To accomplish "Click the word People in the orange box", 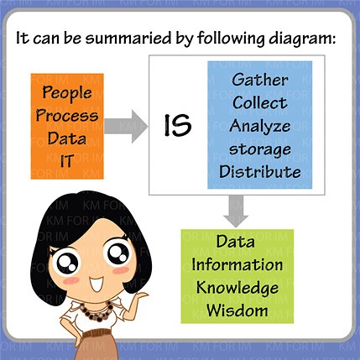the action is tap(67, 93).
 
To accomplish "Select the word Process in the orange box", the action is tap(67, 115).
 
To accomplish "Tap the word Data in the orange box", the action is tap(66, 138).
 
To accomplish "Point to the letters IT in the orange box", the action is tap(67, 161).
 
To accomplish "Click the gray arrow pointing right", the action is tap(126, 126).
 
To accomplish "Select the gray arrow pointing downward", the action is tap(236, 211).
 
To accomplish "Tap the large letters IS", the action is tap(177, 126).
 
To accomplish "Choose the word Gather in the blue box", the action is tap(260, 80).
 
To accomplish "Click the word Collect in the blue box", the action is tap(260, 102).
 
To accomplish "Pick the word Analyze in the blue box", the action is tap(260, 126).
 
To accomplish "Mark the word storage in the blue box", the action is tap(260, 149).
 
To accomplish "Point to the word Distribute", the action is tap(260, 171).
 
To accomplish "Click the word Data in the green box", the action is tap(236, 242).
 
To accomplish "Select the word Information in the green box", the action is tap(237, 264).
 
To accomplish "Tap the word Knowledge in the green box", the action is tap(237, 288).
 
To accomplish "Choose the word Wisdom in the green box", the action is tap(237, 310).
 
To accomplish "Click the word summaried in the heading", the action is tap(128, 38).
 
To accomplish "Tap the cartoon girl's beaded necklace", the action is tap(97, 312).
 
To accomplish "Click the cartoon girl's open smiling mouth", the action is tap(97, 284).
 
